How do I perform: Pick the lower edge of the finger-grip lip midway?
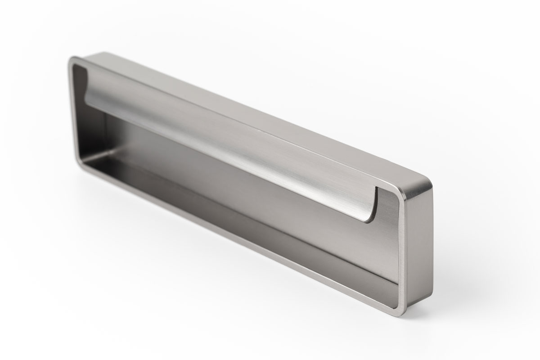point(225,160)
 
